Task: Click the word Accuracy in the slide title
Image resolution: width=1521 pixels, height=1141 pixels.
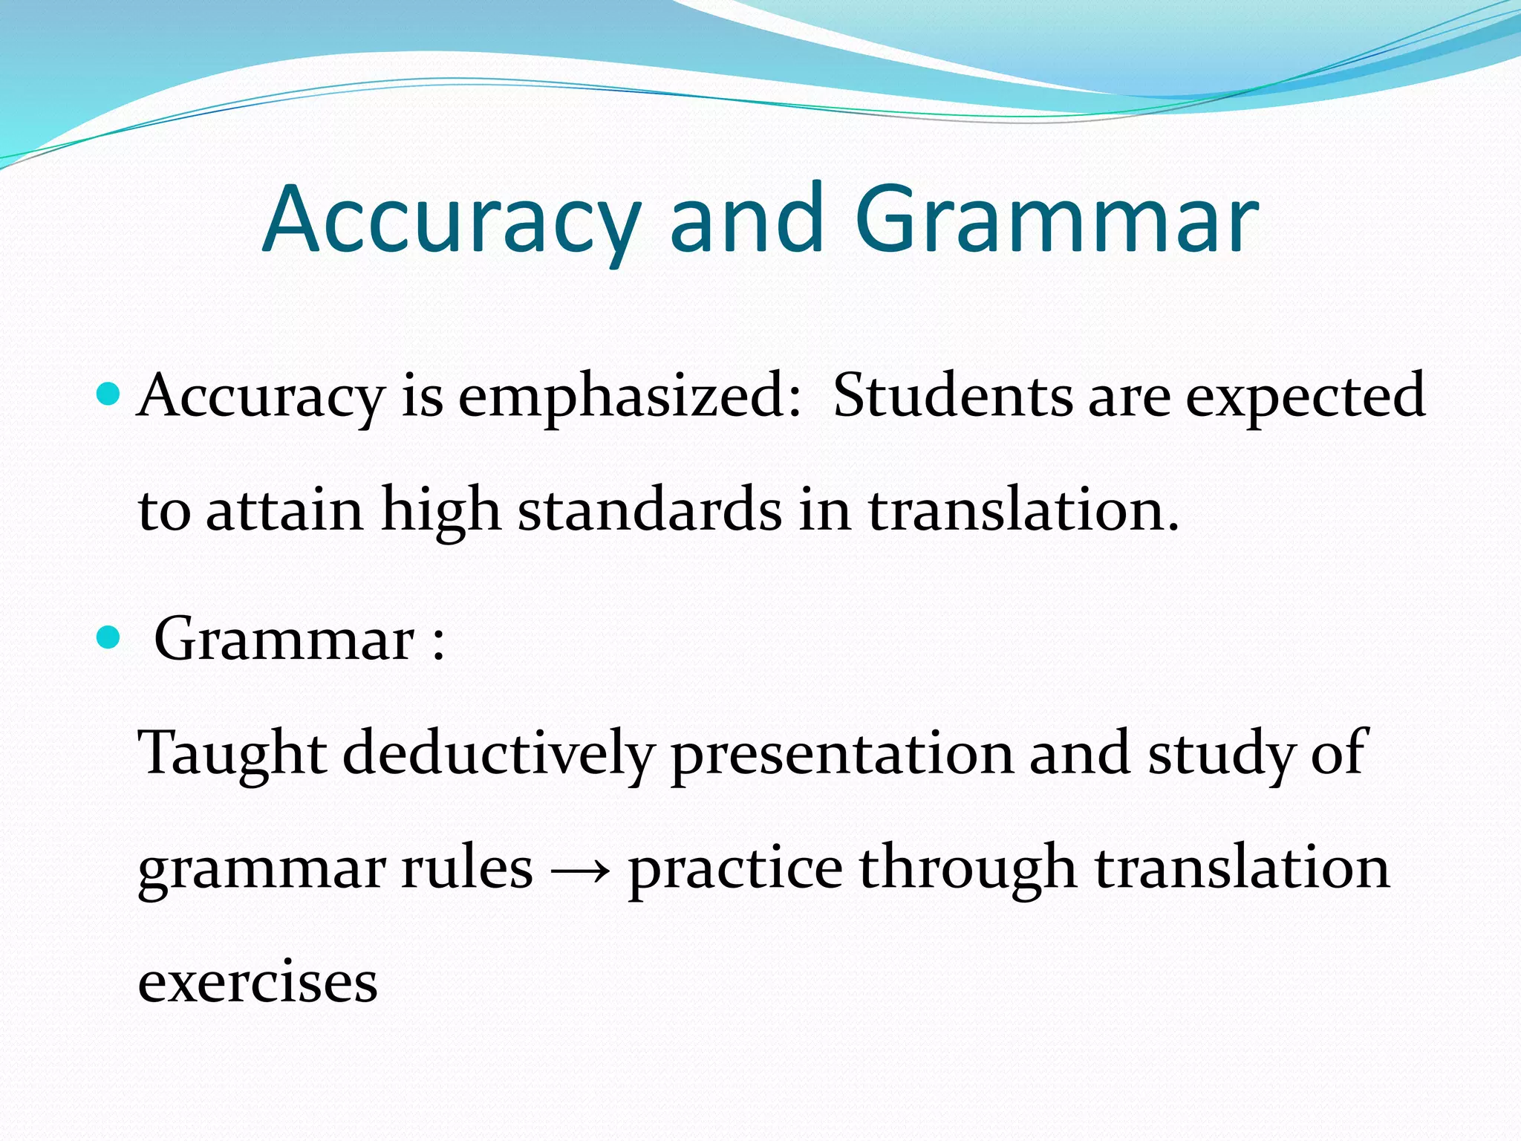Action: pos(451,221)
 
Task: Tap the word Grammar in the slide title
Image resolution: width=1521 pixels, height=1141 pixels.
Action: pos(1056,221)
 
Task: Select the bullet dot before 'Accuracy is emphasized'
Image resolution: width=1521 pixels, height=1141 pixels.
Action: pos(108,393)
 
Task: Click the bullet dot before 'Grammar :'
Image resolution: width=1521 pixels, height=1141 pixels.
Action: pos(108,637)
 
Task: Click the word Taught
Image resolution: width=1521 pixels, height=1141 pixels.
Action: pos(232,755)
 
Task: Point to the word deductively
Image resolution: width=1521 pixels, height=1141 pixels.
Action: pos(498,755)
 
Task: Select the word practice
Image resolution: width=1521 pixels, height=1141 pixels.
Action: pos(735,869)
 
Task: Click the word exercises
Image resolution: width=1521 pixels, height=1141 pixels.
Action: pos(258,982)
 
